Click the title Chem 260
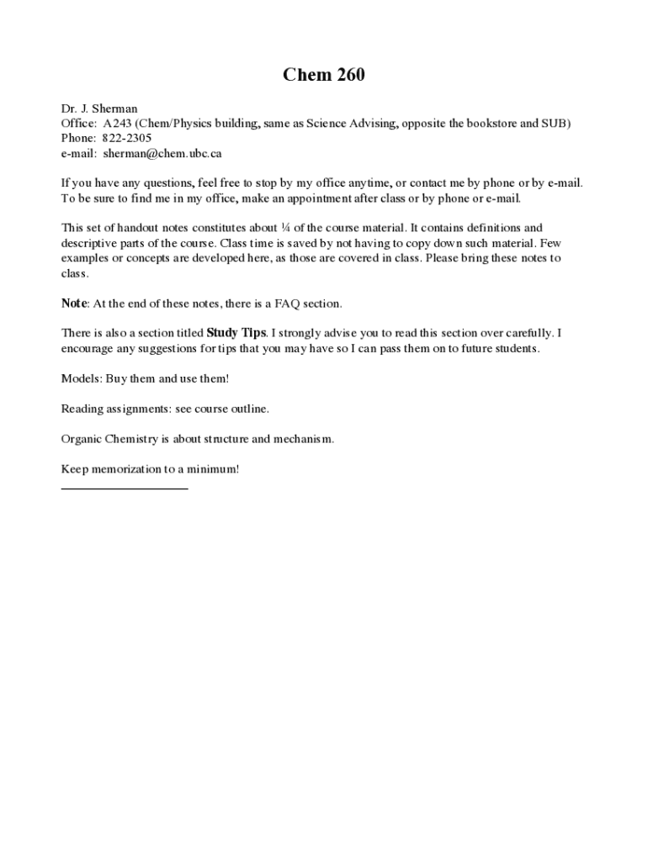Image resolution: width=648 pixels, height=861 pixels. click(323, 76)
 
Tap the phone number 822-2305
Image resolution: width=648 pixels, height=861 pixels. click(127, 138)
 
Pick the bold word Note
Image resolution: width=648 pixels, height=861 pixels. click(74, 303)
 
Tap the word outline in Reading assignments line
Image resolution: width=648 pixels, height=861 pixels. click(249, 409)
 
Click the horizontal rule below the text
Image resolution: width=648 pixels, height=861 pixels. click(125, 488)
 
